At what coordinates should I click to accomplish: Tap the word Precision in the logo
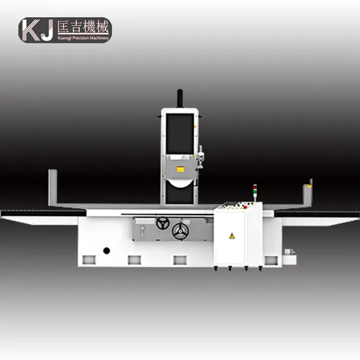coord(80,38)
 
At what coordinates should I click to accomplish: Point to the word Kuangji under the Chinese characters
coord(65,39)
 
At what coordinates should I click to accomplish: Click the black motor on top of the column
coord(180,98)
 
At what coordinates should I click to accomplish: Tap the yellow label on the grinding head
coord(181,170)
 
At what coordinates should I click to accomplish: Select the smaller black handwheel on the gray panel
coord(163,223)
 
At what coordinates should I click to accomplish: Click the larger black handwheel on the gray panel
coord(181,232)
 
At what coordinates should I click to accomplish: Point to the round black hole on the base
coord(107,251)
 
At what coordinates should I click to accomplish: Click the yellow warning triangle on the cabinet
coord(232,236)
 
